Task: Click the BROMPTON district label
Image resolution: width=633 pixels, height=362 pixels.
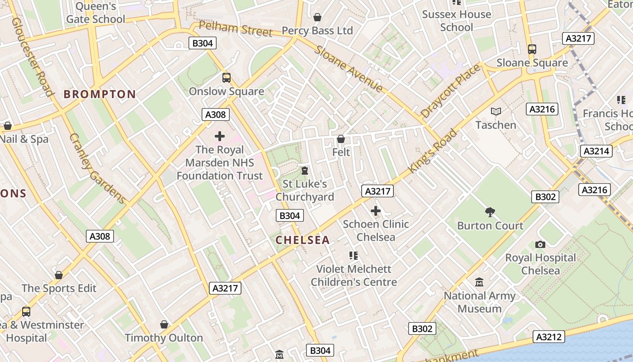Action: [99, 94]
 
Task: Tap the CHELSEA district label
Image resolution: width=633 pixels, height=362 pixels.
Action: [302, 240]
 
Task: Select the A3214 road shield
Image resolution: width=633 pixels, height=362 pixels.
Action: [596, 151]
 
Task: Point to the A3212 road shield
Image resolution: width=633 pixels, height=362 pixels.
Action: [549, 337]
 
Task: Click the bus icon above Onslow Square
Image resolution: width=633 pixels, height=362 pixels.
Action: [227, 78]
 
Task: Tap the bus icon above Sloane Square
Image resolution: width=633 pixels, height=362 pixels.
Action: [532, 49]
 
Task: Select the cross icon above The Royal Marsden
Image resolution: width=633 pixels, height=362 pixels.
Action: [220, 136]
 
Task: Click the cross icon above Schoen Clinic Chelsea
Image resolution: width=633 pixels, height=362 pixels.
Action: [376, 211]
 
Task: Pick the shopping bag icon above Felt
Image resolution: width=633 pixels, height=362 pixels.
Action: [341, 139]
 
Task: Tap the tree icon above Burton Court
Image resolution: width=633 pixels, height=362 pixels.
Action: [490, 212]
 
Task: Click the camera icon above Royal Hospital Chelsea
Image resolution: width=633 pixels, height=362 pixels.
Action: [540, 245]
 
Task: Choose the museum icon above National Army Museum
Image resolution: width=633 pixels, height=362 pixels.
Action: [479, 283]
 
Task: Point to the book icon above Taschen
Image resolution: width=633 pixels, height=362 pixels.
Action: [496, 111]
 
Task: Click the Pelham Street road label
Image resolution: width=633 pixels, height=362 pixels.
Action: [236, 29]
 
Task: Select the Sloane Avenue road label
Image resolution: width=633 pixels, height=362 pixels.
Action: [349, 69]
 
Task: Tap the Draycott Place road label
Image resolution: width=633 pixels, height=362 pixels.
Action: [450, 91]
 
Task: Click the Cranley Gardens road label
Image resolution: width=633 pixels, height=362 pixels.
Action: [97, 168]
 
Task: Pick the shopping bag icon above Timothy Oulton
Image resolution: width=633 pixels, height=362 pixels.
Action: [164, 325]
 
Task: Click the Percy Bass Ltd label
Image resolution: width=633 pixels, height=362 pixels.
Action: [317, 31]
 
